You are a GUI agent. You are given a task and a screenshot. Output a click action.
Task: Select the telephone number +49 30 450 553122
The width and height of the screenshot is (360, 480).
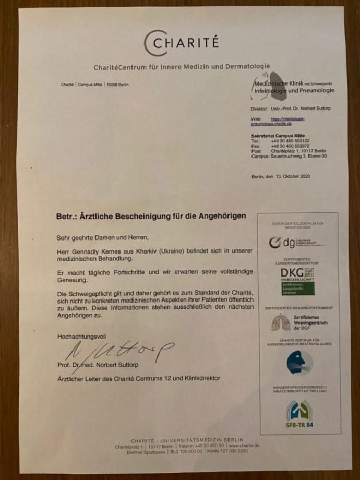pyautogui.click(x=290, y=141)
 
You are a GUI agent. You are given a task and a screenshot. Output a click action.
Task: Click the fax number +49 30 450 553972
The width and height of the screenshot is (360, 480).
pyautogui.click(x=290, y=146)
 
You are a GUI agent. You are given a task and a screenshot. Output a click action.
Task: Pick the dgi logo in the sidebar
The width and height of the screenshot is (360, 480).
pyautogui.click(x=296, y=242)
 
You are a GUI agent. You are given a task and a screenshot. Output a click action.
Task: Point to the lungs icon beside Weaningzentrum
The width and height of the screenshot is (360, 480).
pyautogui.click(x=281, y=322)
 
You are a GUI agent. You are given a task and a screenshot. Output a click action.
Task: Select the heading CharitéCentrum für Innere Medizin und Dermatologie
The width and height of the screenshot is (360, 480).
pyautogui.click(x=182, y=66)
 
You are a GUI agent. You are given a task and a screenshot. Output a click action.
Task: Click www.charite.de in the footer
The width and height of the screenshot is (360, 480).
pyautogui.click(x=244, y=446)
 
